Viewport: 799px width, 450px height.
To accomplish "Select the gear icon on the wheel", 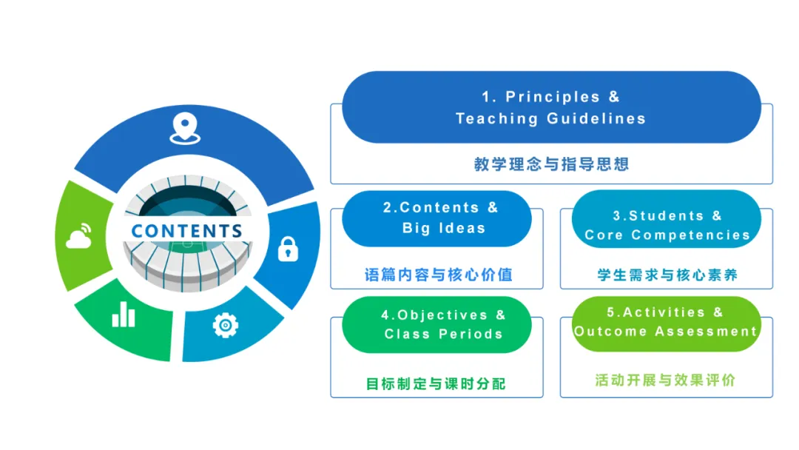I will [225, 325].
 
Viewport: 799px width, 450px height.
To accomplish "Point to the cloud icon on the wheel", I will [79, 236].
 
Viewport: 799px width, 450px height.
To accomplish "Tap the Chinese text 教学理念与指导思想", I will [551, 164].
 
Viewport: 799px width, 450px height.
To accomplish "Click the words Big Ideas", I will [444, 228].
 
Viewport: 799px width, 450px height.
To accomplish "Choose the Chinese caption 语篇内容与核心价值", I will [439, 275].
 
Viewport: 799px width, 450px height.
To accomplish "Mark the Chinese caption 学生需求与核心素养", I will [667, 275].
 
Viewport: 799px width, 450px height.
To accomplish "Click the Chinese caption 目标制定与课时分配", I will [436, 384].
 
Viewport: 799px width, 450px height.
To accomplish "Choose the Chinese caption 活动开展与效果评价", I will [666, 380].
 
